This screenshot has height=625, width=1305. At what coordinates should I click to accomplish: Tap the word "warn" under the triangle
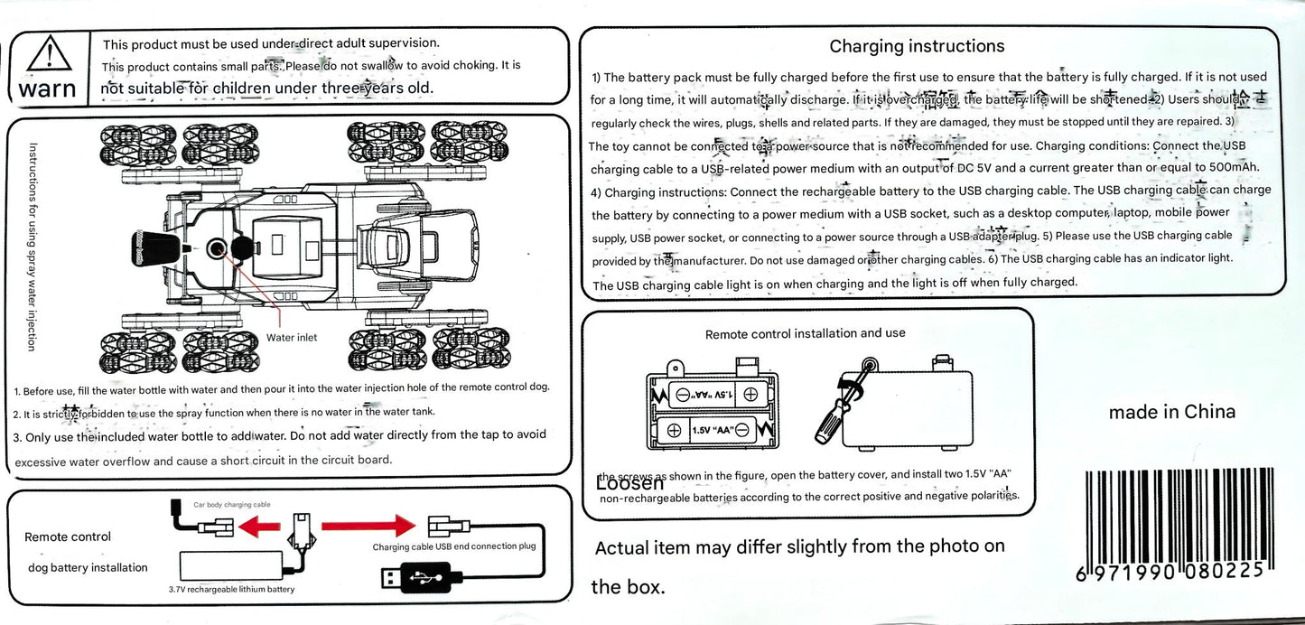coord(47,89)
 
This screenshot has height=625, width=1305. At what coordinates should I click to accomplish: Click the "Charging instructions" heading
coord(917,46)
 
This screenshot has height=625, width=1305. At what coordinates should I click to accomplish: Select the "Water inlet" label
coord(292,338)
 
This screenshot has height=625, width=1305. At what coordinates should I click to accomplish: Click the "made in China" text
coord(1171,412)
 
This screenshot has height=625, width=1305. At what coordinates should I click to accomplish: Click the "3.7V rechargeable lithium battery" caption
coord(231,590)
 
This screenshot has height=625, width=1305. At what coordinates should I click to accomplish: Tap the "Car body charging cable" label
coord(232,505)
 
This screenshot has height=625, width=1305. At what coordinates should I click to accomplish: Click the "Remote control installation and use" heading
coord(805,333)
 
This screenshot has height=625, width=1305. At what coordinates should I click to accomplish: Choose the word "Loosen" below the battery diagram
coord(629,482)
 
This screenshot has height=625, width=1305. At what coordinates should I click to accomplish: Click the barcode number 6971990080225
coord(1174,573)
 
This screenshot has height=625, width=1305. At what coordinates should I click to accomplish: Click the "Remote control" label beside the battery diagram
coord(68,536)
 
